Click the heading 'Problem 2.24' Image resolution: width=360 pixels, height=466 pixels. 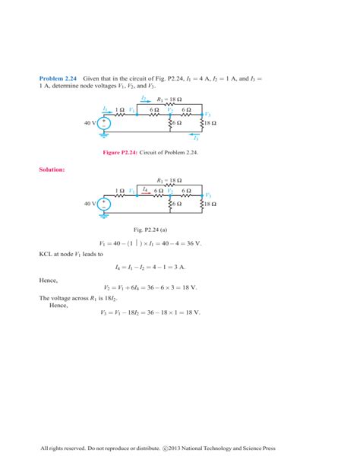(x=58, y=78)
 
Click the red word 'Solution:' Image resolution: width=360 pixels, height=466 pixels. (x=52, y=169)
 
